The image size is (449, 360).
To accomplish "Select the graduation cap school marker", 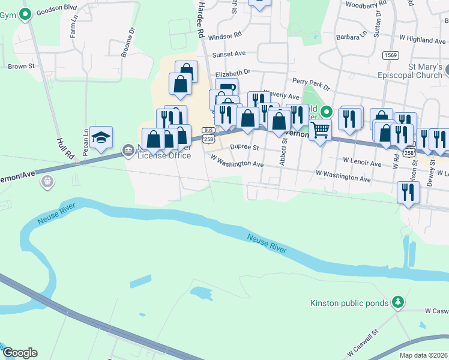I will point(101,138).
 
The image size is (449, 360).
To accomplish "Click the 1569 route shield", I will point(391,55).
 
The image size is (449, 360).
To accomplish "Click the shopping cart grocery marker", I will point(320,129).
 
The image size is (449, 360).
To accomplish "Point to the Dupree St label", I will point(244,147).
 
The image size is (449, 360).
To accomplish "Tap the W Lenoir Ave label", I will point(362,163).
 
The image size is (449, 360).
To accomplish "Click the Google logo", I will point(20,353).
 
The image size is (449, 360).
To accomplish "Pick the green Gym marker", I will point(25,14).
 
